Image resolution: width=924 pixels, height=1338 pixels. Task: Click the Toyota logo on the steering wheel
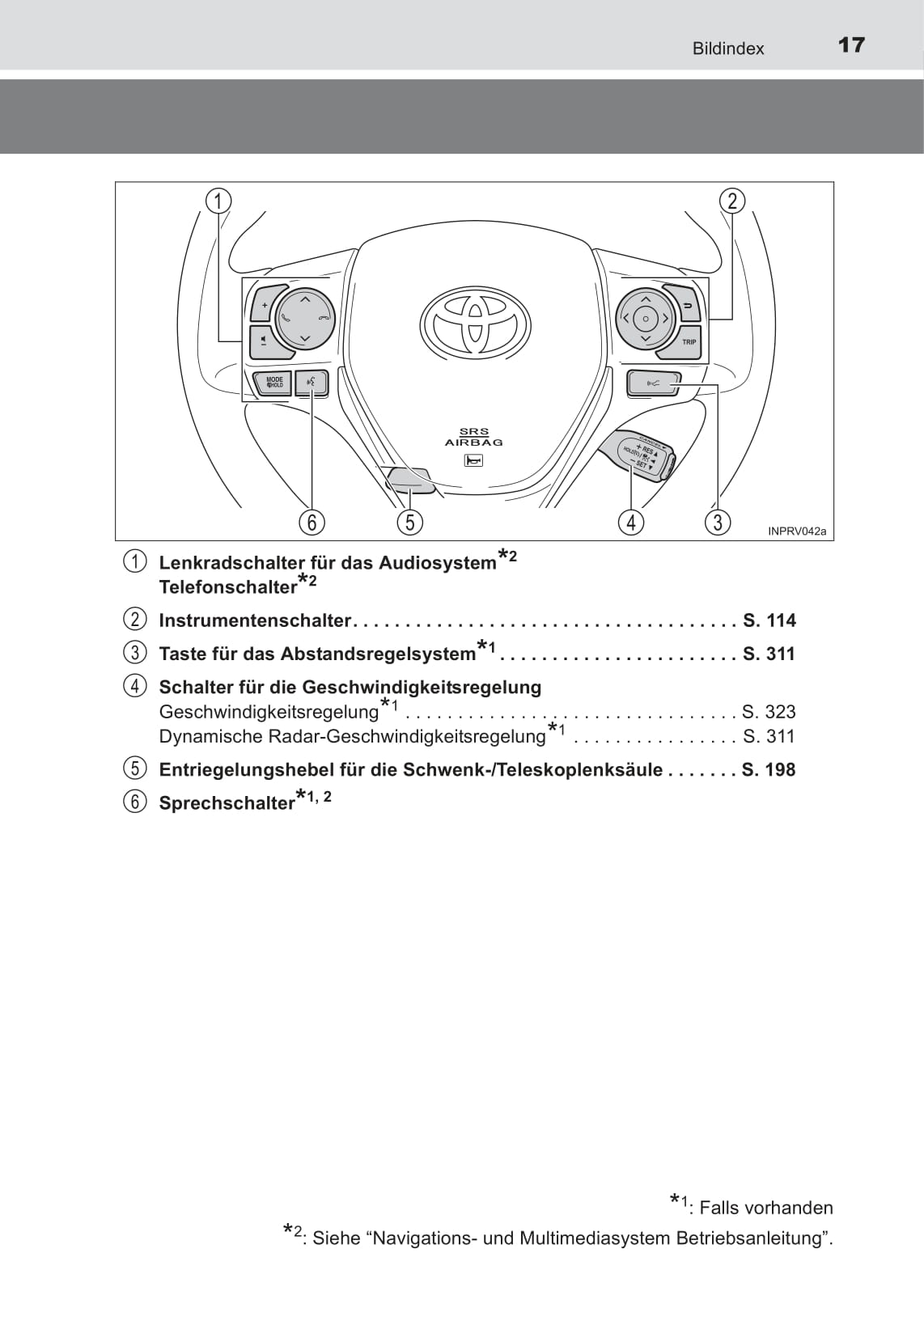tap(475, 324)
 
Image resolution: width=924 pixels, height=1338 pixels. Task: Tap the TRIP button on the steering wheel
tap(688, 342)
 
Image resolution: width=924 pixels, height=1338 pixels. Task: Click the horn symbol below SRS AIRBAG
tap(473, 460)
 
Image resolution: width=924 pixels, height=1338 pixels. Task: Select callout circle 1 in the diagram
tap(218, 200)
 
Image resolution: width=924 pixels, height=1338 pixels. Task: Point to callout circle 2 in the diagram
tap(732, 201)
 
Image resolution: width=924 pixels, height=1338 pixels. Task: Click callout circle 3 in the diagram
tap(717, 522)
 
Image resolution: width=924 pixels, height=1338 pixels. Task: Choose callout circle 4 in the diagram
tap(631, 522)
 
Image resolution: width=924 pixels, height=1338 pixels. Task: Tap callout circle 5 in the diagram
tap(410, 522)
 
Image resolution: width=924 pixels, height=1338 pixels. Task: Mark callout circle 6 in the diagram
tap(312, 522)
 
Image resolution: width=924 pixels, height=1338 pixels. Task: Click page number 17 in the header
tap(851, 45)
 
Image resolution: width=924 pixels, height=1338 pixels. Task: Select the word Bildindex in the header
tap(727, 49)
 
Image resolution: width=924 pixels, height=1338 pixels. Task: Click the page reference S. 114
tap(769, 620)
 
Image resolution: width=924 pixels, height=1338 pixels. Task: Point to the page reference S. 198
tap(769, 769)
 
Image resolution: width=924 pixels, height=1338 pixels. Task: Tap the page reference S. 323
tap(769, 712)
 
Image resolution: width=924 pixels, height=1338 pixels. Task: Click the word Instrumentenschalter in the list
tap(255, 620)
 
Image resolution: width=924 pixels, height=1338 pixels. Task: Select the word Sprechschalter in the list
tap(227, 803)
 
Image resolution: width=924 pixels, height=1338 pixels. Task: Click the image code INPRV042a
tap(797, 531)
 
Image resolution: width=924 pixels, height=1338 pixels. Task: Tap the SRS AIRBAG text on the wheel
tap(473, 438)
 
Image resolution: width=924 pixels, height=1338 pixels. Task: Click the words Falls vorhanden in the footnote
tap(765, 1208)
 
